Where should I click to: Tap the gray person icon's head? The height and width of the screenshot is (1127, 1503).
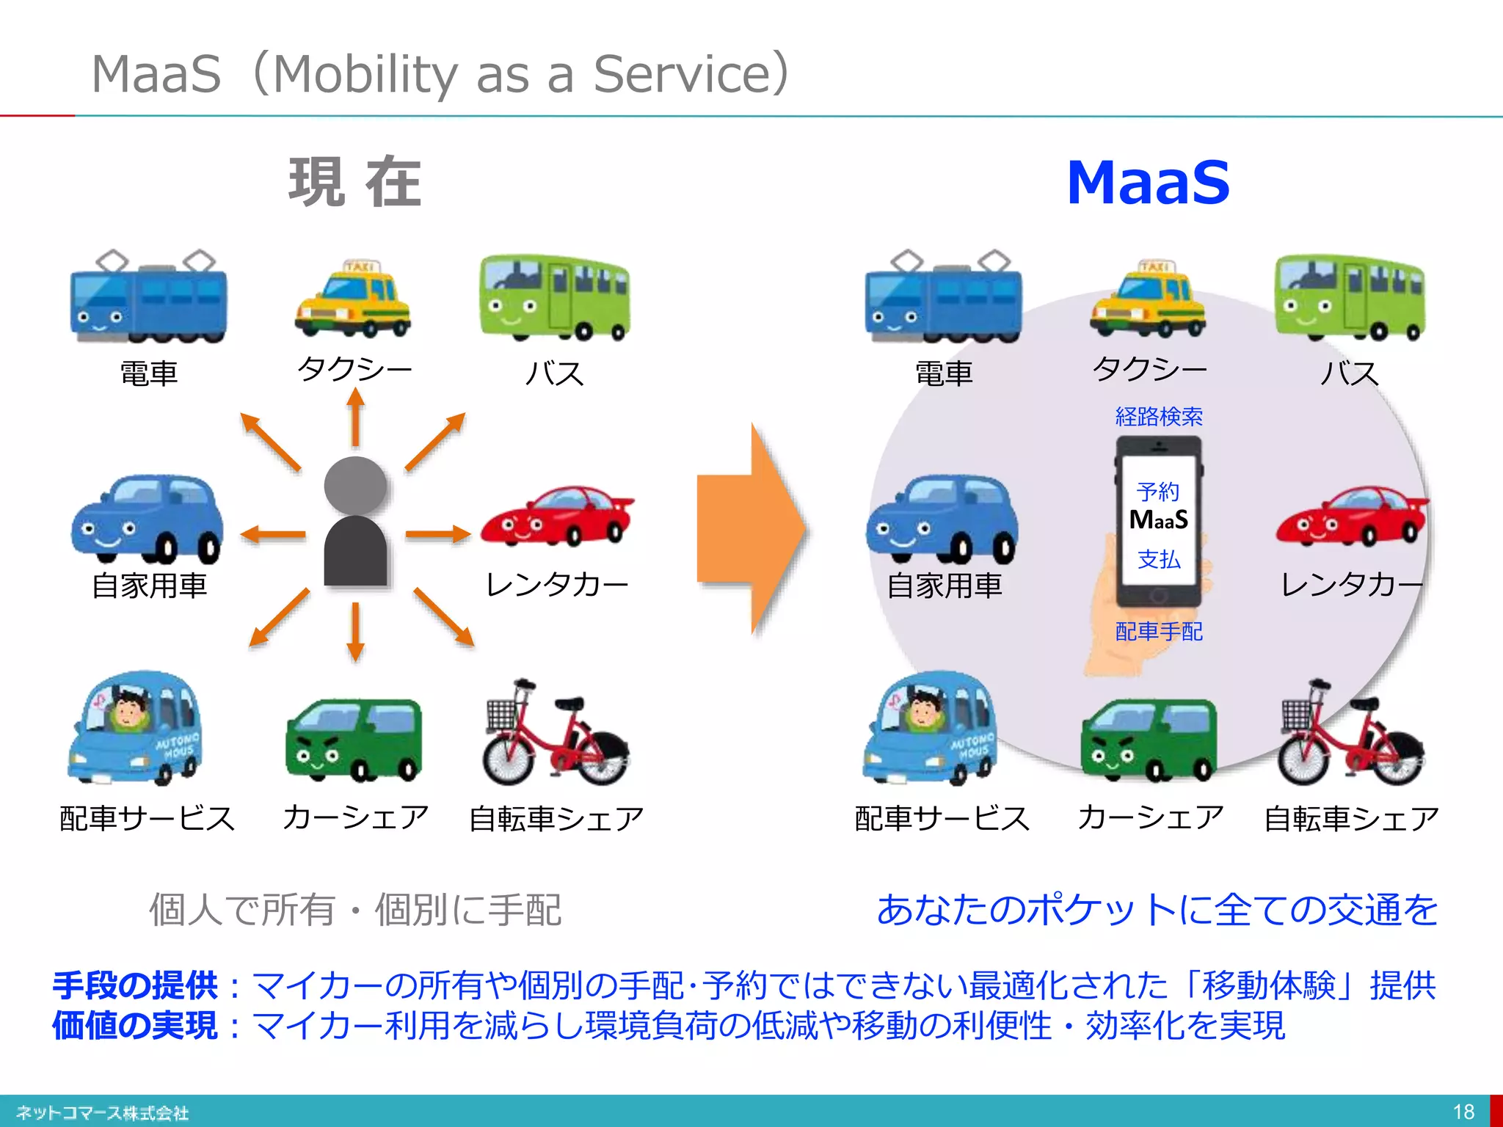[355, 485]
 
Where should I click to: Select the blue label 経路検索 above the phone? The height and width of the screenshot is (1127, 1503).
[1158, 417]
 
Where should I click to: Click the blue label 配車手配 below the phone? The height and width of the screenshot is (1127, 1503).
[1158, 631]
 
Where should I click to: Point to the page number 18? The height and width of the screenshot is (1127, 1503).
[1463, 1112]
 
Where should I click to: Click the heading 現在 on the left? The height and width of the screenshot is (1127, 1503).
[355, 182]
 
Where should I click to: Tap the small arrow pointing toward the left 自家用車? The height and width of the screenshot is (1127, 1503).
[273, 534]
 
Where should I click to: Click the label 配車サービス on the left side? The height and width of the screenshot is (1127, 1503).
[147, 818]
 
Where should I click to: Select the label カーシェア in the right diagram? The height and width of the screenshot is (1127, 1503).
[1150, 817]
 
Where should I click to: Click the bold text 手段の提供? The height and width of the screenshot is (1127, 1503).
[135, 985]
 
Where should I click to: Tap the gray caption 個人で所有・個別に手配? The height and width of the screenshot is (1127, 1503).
[355, 910]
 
